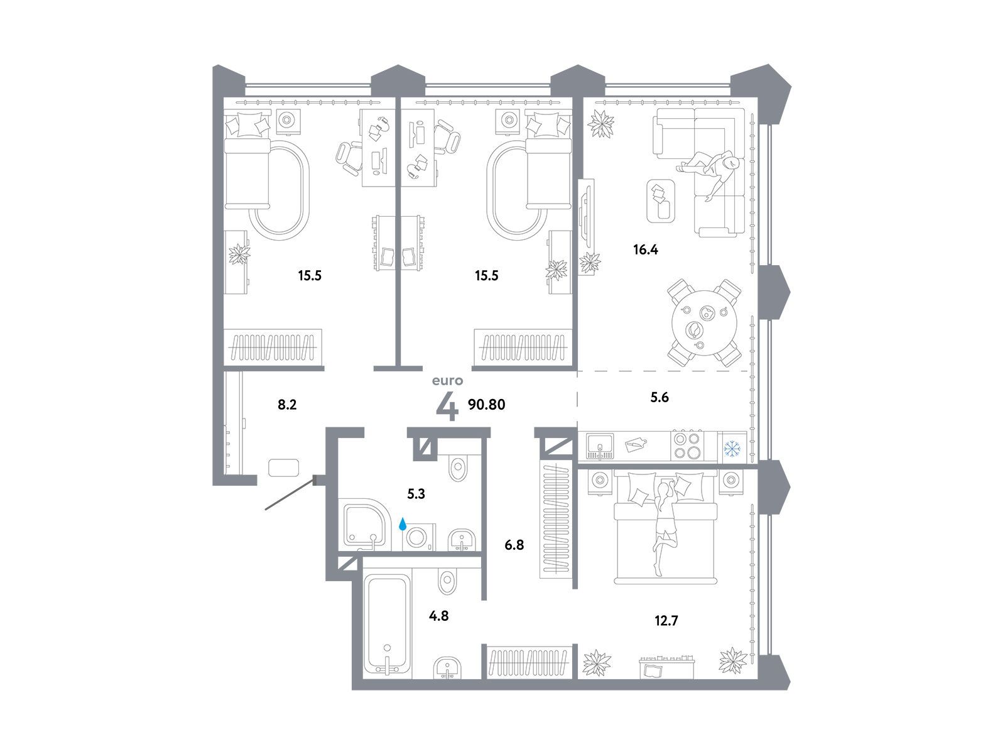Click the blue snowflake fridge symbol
point(732,449)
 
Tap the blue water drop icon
point(403,524)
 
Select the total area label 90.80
point(486,404)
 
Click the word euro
point(447,380)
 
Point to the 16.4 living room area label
point(646,249)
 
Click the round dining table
point(704,322)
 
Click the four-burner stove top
point(688,445)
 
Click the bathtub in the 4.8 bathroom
point(388,625)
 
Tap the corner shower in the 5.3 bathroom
point(366,525)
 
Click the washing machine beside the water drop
point(418,537)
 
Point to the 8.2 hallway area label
point(287,405)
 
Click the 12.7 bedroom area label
point(666,621)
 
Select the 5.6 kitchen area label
point(660,397)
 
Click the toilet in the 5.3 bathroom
point(459,466)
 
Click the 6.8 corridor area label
point(514,545)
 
